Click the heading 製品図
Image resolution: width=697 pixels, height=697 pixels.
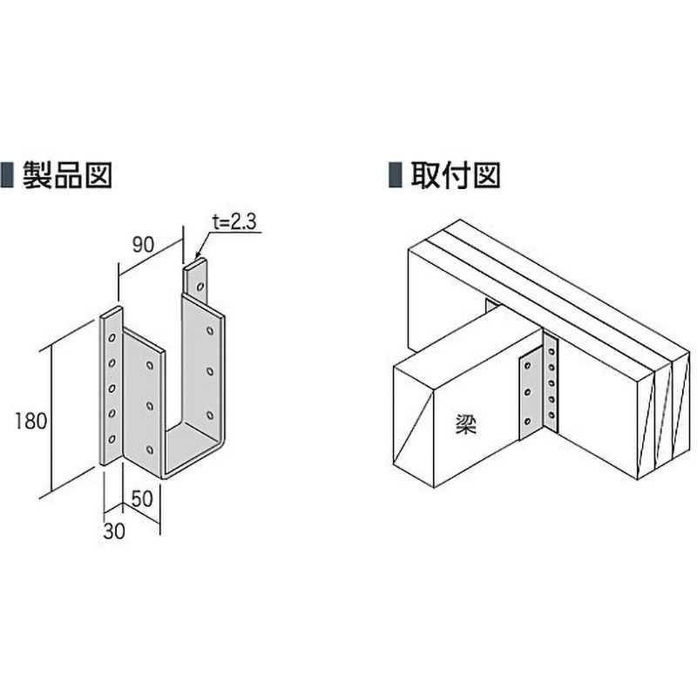pos(66,174)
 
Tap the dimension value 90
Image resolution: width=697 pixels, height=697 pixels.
pos(144,245)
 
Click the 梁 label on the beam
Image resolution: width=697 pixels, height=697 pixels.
pos(464,424)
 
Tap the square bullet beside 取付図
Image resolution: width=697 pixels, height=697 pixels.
pos(394,175)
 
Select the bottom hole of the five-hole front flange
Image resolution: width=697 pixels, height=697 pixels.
pos(112,438)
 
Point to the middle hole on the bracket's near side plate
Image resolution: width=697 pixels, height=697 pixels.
pos(151,405)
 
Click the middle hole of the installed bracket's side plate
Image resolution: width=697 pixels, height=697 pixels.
pos(527,392)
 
